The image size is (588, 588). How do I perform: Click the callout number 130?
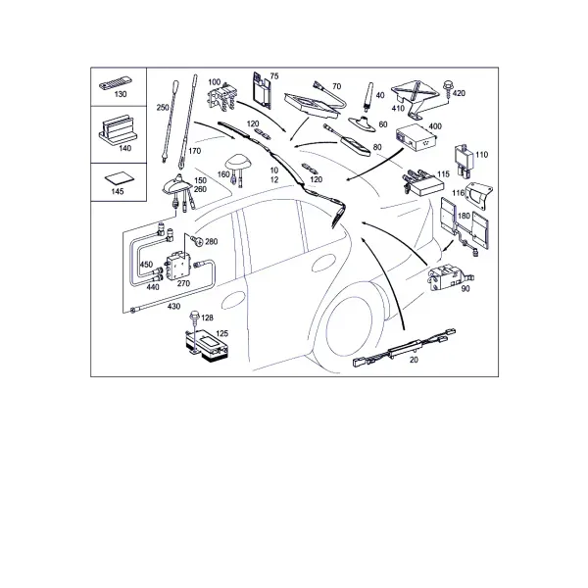click(x=121, y=94)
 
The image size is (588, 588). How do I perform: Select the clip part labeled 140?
click(x=119, y=129)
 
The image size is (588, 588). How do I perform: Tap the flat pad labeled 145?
click(x=119, y=178)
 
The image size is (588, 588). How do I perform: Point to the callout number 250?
click(x=163, y=108)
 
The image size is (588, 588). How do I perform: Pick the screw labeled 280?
click(x=196, y=240)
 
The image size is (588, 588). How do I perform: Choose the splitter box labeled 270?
click(x=178, y=266)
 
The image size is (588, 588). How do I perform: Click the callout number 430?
click(x=174, y=307)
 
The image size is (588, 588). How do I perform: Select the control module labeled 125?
click(x=206, y=348)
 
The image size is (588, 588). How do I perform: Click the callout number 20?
click(x=414, y=360)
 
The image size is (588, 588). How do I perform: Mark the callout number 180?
click(x=464, y=216)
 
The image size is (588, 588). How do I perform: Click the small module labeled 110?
click(x=465, y=162)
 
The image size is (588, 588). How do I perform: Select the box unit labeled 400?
click(x=417, y=139)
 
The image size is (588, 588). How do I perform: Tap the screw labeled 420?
click(x=448, y=89)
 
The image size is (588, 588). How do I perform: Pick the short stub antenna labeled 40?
click(x=367, y=97)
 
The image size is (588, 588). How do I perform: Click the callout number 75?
click(x=274, y=76)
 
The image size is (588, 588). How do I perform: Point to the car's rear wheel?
click(x=352, y=327)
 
